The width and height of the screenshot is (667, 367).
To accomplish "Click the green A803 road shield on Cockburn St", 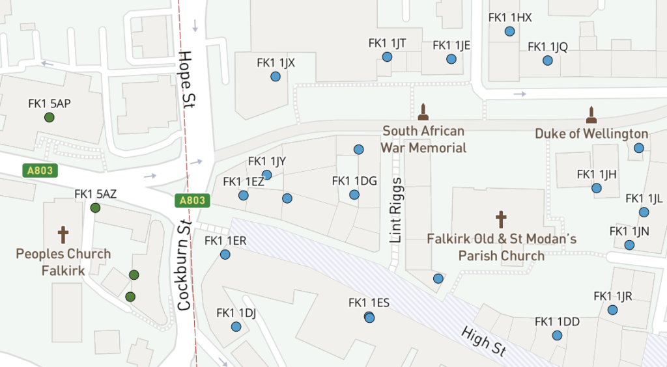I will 192,201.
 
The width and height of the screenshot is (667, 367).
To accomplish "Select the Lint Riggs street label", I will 397,210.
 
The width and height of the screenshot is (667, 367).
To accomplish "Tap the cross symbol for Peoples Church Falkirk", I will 63,234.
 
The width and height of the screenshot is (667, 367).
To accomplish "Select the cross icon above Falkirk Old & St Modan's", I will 501,219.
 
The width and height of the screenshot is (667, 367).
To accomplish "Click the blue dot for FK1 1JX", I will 275,77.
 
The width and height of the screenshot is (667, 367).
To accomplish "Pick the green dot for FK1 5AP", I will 49,117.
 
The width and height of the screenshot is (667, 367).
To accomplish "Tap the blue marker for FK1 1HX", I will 509,31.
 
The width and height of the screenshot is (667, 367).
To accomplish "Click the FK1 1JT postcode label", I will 387,43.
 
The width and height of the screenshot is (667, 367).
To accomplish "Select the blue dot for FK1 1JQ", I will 548,61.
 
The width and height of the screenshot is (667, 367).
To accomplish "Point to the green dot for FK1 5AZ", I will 95,208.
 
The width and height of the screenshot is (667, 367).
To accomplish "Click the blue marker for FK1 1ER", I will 225,254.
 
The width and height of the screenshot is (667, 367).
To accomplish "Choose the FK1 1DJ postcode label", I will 235,313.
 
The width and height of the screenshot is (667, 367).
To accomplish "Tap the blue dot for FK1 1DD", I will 557,336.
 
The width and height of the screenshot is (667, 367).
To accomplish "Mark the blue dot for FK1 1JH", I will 597,189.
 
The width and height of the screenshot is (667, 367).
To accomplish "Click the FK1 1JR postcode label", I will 613,296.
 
